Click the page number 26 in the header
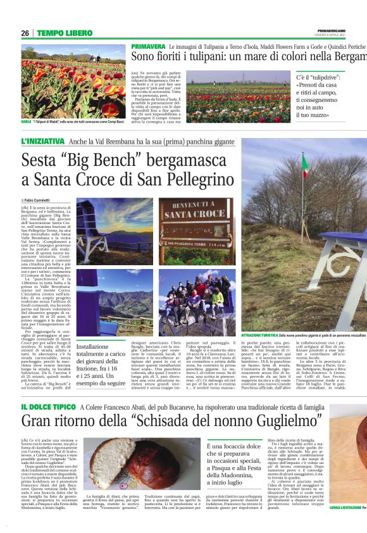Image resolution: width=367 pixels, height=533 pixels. coord(25,33)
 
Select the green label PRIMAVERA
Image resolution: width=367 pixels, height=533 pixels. coord(149,47)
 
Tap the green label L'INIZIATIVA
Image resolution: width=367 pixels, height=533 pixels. coord(42,142)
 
